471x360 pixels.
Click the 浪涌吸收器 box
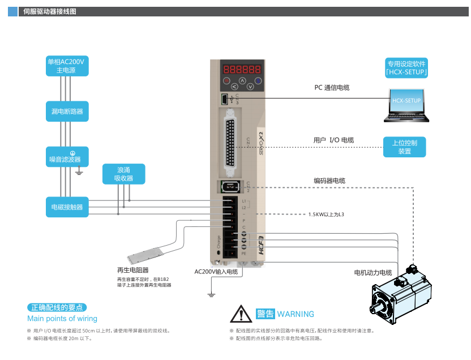[x=123, y=174]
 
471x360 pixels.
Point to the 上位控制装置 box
[x=404, y=147]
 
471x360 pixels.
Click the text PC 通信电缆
[x=332, y=88]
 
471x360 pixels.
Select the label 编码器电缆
[x=329, y=181]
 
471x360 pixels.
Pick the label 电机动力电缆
[x=373, y=273]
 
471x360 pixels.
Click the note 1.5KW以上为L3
[x=326, y=215]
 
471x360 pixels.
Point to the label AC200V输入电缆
[x=216, y=272]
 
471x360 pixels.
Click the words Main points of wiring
[x=62, y=319]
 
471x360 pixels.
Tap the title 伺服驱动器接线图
[x=50, y=11]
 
